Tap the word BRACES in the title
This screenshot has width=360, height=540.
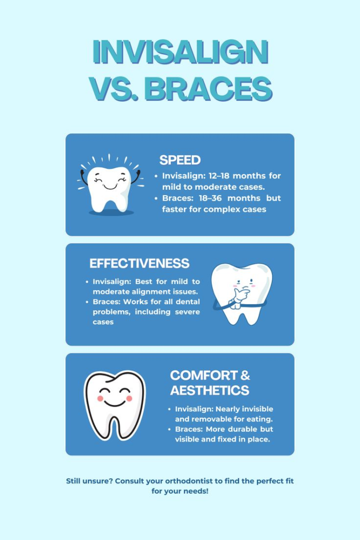pyautogui.click(x=208, y=89)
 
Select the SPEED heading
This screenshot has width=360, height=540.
pyautogui.click(x=180, y=160)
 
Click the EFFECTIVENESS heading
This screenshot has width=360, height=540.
pyautogui.click(x=139, y=264)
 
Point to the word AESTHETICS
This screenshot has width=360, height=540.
pyautogui.click(x=209, y=391)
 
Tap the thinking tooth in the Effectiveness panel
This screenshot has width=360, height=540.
pyautogui.click(x=241, y=293)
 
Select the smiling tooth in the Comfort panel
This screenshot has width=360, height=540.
pyautogui.click(x=114, y=404)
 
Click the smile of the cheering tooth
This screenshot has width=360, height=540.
pyautogui.click(x=110, y=186)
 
